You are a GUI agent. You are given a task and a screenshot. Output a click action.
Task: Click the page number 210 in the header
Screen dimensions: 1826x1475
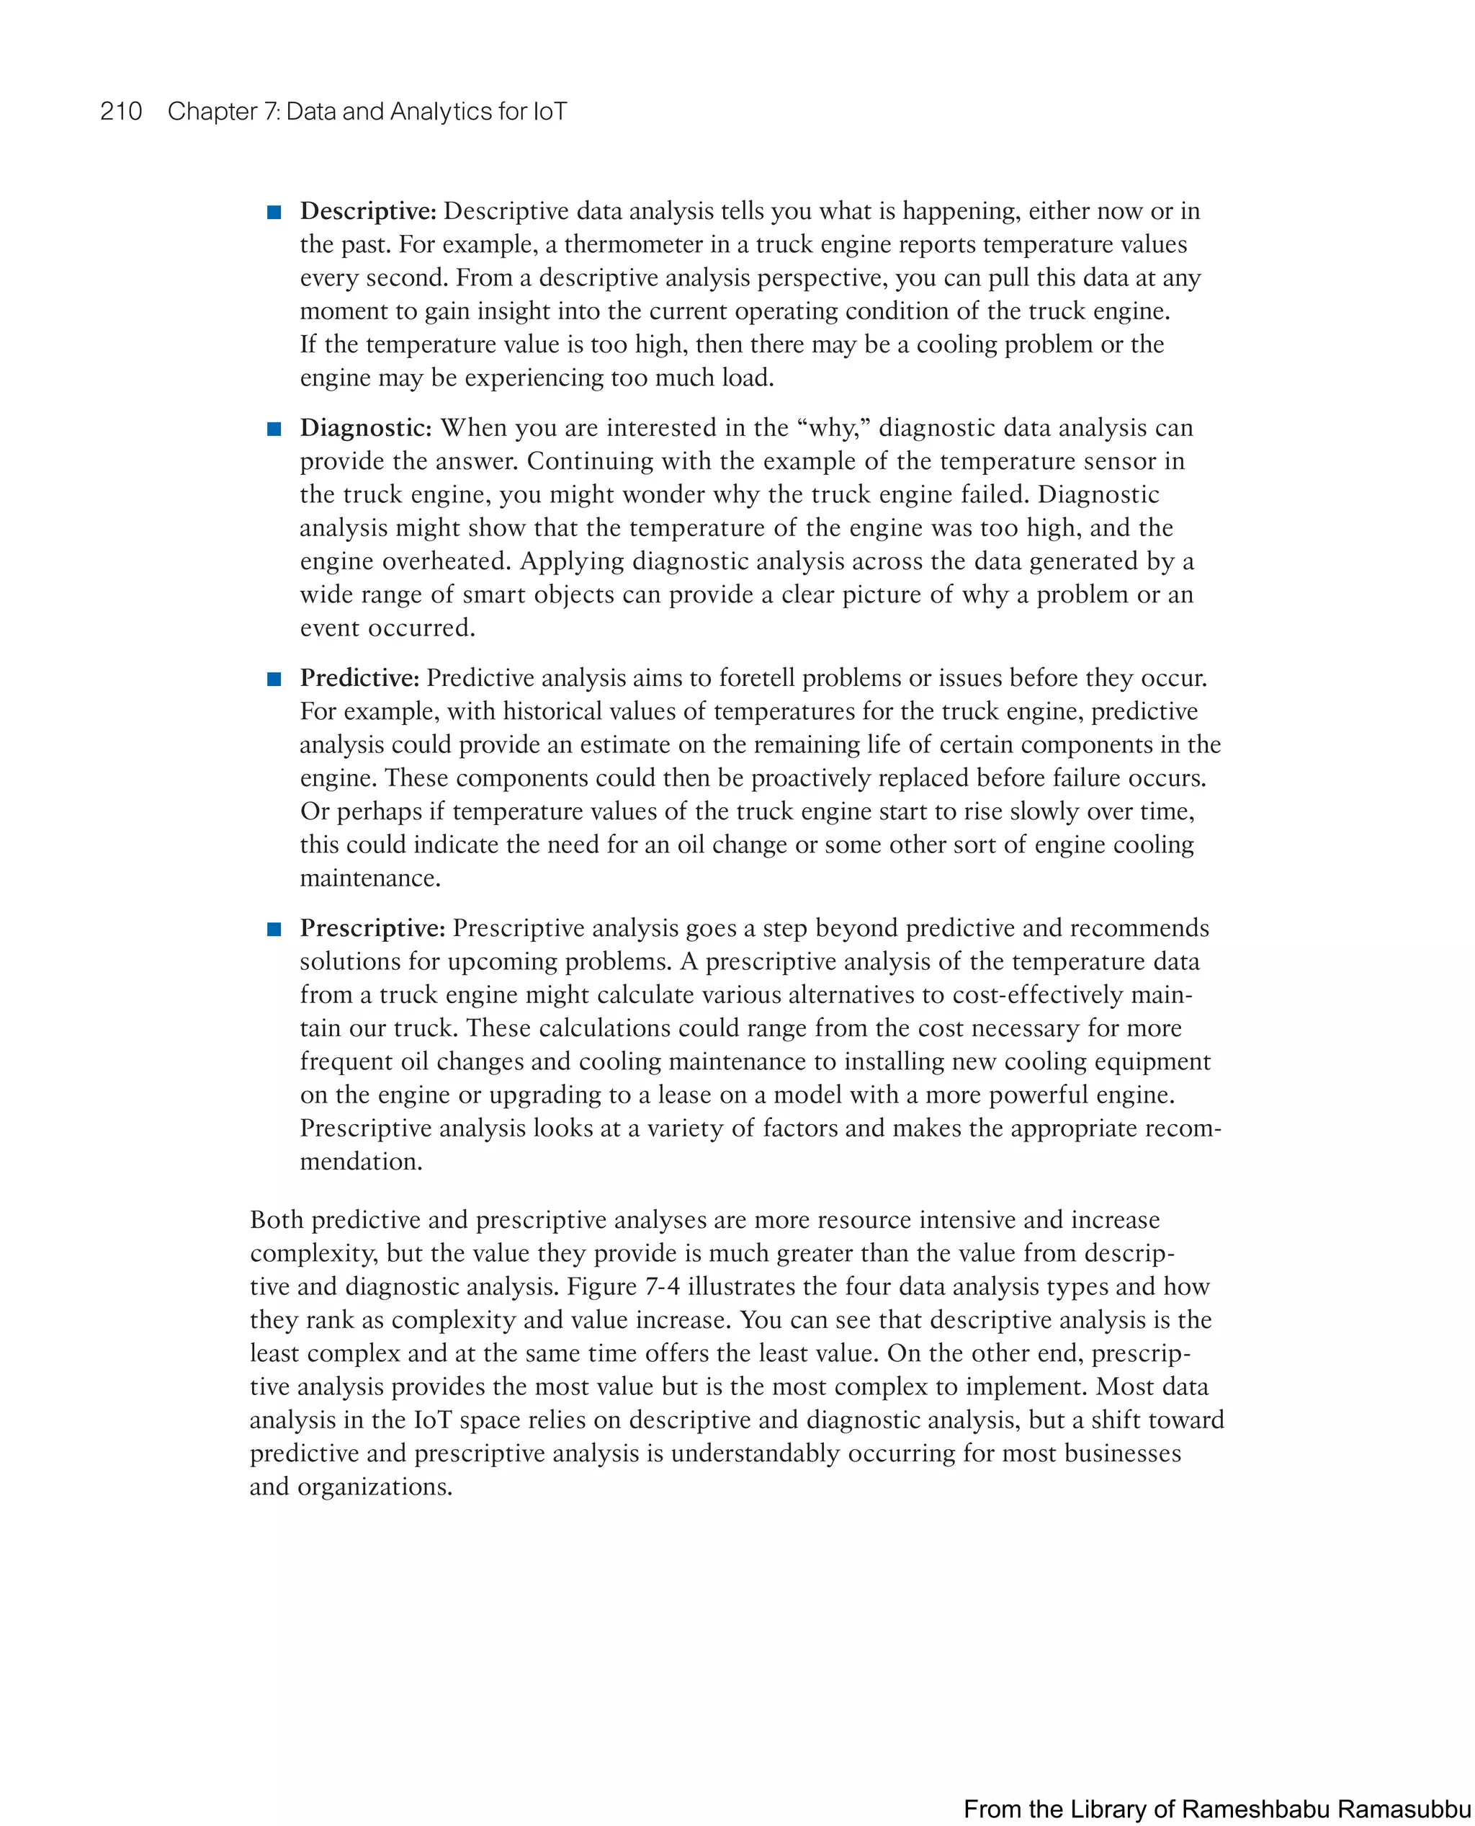[121, 112]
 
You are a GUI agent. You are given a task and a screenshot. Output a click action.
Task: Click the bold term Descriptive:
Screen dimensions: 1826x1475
[368, 211]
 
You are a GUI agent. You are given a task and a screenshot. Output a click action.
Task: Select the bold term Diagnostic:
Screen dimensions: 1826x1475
[365, 427]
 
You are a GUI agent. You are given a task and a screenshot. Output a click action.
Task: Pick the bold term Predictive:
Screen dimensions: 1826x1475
[359, 677]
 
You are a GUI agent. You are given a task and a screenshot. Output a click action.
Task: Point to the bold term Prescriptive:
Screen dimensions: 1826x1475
[372, 927]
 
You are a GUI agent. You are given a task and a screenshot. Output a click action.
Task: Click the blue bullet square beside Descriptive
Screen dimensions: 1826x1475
[274, 213]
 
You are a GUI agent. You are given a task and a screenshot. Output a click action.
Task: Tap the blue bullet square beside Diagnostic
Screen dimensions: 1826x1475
[274, 429]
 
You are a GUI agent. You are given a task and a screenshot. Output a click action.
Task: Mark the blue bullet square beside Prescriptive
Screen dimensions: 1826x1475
[274, 929]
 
